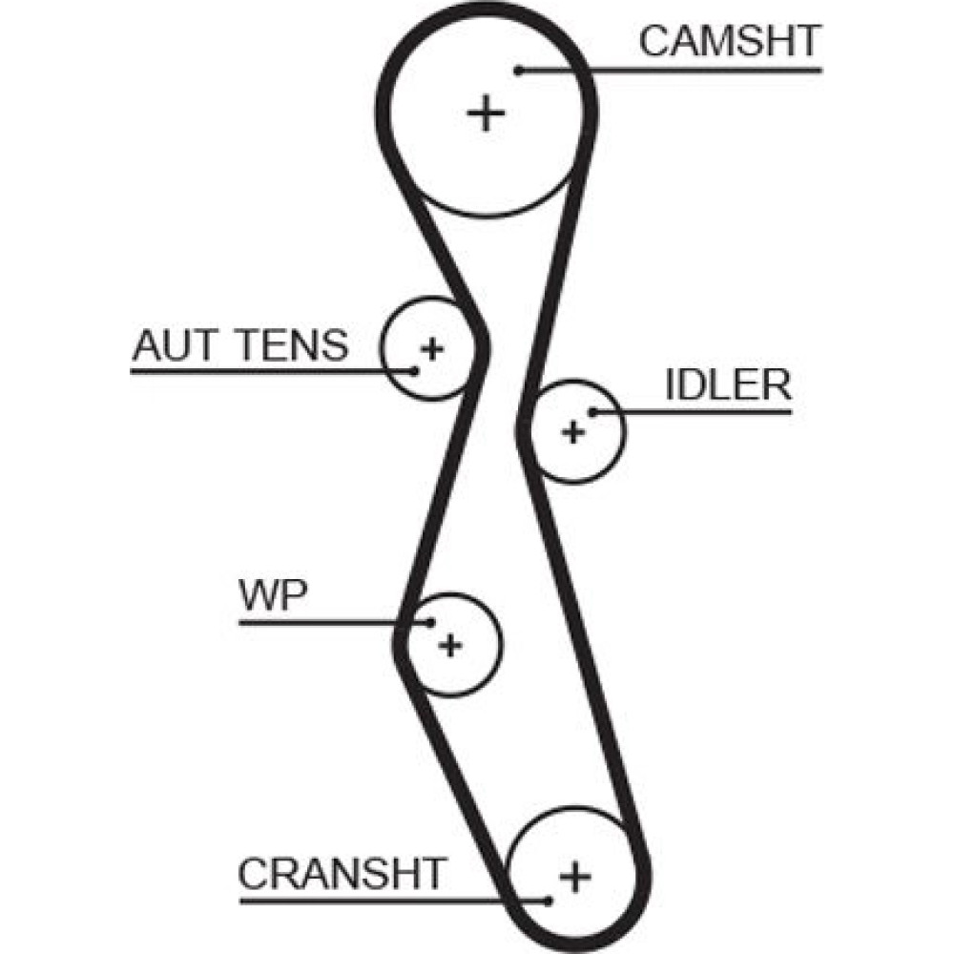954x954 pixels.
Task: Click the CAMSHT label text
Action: pyautogui.click(x=729, y=42)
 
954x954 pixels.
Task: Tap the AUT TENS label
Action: pyautogui.click(x=240, y=345)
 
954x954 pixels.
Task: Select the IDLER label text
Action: pyautogui.click(x=728, y=386)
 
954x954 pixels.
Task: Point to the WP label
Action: pyautogui.click(x=273, y=597)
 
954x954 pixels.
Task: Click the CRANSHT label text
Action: pyautogui.click(x=342, y=872)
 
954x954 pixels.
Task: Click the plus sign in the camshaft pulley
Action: pyautogui.click(x=487, y=114)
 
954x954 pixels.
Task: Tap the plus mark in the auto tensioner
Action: pyautogui.click(x=432, y=348)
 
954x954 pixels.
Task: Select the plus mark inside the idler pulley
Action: pyautogui.click(x=572, y=432)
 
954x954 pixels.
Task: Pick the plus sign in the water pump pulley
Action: pyautogui.click(x=450, y=645)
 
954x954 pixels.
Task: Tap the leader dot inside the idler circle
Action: pyautogui.click(x=592, y=412)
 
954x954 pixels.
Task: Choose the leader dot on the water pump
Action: pyautogui.click(x=430, y=623)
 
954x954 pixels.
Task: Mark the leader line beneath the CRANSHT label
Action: pyautogui.click(x=382, y=898)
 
